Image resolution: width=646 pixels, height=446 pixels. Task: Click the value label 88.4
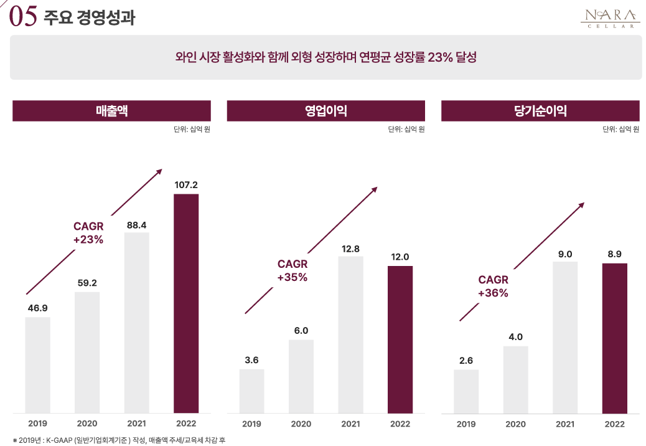(x=136, y=225)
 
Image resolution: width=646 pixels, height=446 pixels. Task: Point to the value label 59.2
(x=87, y=283)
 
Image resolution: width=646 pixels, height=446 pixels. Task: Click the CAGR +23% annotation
(x=88, y=233)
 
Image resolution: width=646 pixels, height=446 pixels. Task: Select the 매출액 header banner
(x=112, y=111)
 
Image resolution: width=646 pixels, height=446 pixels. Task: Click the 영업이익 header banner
(x=325, y=111)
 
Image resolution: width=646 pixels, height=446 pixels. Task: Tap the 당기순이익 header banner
(x=540, y=111)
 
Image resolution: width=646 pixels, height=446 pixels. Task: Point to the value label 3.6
(x=251, y=360)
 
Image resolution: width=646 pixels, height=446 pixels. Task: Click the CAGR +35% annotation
(x=293, y=271)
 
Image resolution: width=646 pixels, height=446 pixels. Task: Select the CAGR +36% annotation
(x=494, y=287)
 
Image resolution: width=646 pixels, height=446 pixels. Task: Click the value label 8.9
(x=614, y=254)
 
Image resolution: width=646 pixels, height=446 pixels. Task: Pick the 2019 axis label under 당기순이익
(x=466, y=424)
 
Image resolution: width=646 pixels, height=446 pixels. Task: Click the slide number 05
(x=24, y=17)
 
